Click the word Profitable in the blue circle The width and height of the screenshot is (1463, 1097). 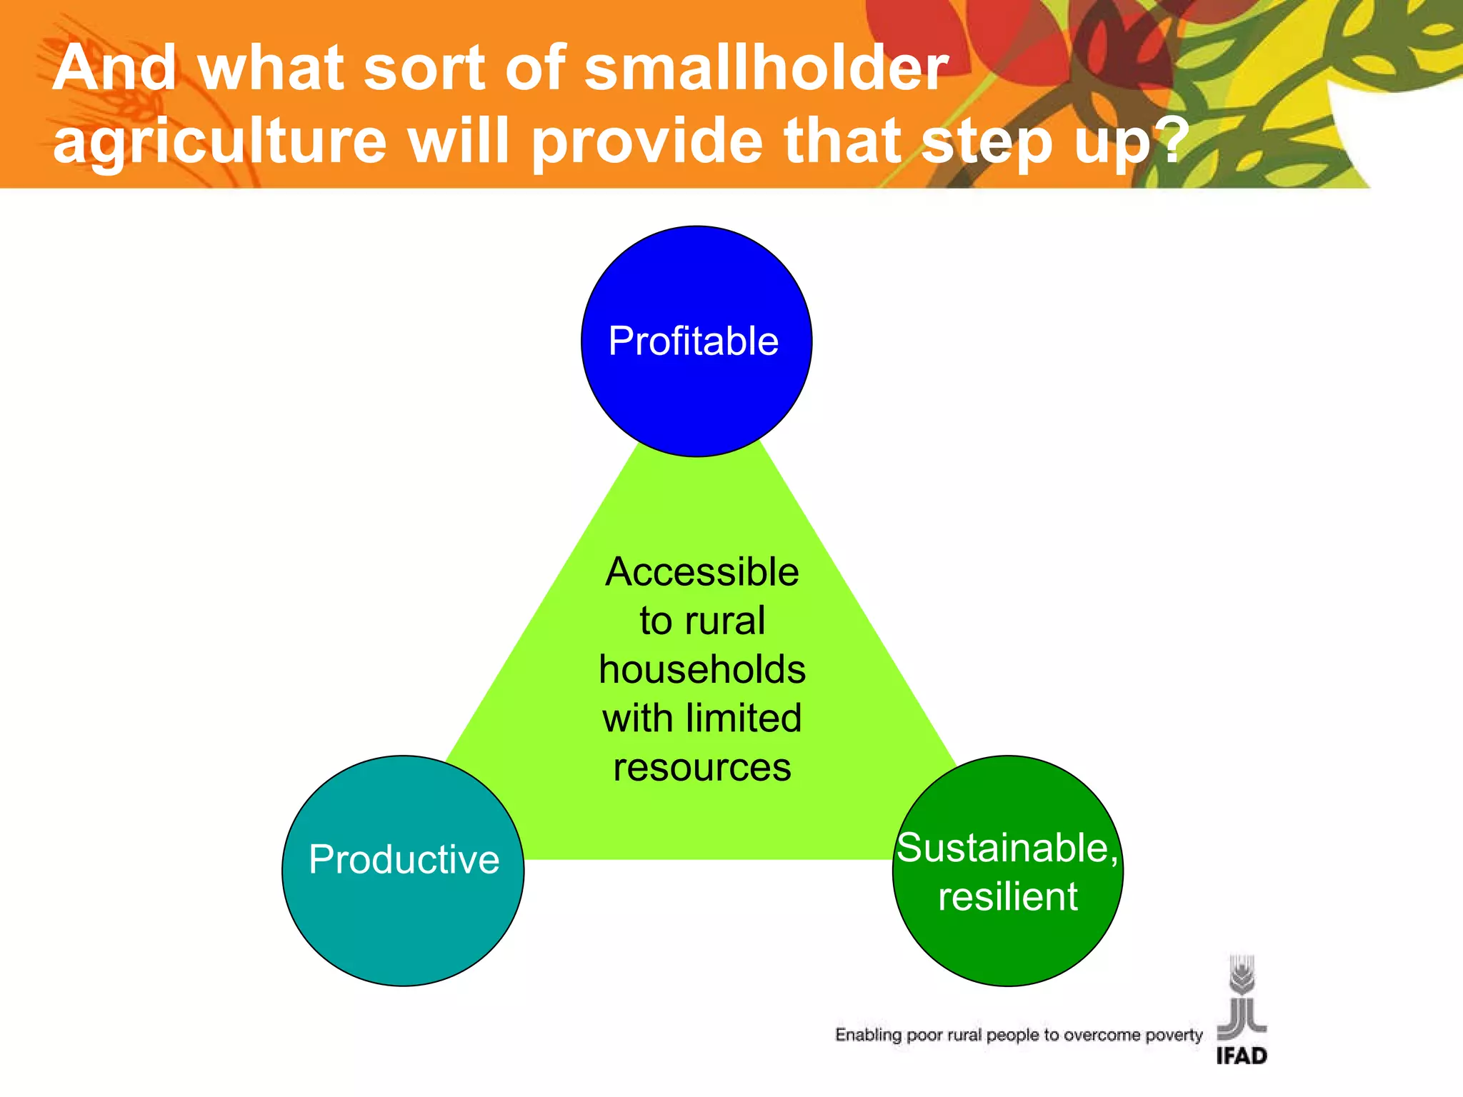(693, 341)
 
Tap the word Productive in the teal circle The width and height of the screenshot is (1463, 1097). (404, 859)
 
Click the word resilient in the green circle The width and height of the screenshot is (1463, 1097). (1007, 897)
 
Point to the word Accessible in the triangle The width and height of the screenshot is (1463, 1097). (701, 572)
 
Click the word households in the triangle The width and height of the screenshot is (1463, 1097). (701, 670)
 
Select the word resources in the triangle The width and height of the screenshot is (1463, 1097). (701, 768)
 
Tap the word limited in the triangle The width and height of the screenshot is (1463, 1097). (743, 718)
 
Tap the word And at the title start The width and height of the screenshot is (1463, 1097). (114, 68)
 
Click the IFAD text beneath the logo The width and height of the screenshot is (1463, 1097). (1242, 1056)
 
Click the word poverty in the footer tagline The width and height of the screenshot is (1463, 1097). (1174, 1035)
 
